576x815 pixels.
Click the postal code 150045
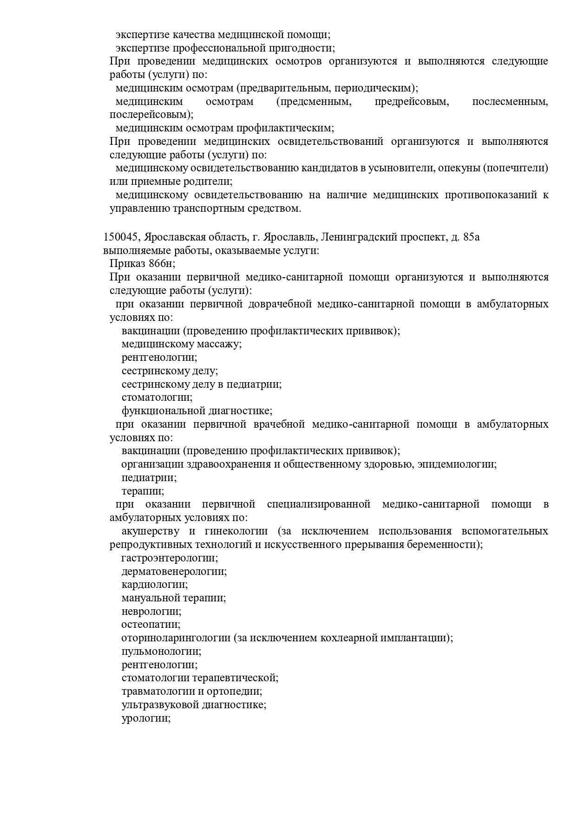(120, 237)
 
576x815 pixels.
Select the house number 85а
(471, 237)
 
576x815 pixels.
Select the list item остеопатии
(151, 625)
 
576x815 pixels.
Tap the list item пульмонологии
(161, 652)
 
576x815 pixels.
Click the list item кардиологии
(155, 585)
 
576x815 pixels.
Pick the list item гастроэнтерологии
(169, 558)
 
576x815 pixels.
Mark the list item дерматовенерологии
(174, 571)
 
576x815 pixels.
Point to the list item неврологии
(151, 612)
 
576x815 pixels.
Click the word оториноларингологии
(176, 638)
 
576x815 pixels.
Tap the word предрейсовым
(412, 102)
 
